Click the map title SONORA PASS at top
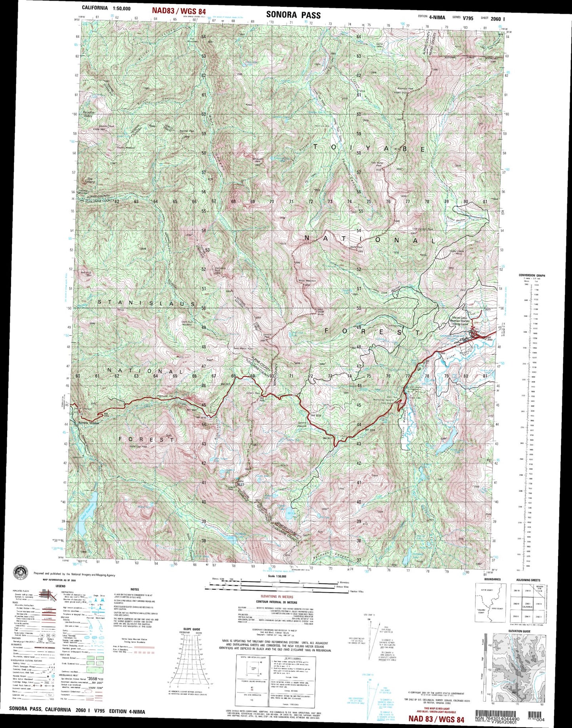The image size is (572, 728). (x=293, y=15)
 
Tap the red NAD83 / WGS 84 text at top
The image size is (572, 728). (x=179, y=11)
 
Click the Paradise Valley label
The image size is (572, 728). (x=88, y=114)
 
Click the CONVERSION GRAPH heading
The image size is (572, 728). (x=532, y=275)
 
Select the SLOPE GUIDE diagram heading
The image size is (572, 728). (x=192, y=629)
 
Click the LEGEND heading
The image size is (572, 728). (x=60, y=586)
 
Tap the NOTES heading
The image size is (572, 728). (x=135, y=589)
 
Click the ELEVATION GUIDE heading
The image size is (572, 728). (x=519, y=631)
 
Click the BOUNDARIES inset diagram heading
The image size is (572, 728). (x=492, y=579)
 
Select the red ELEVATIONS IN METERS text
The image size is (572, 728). (x=277, y=596)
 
